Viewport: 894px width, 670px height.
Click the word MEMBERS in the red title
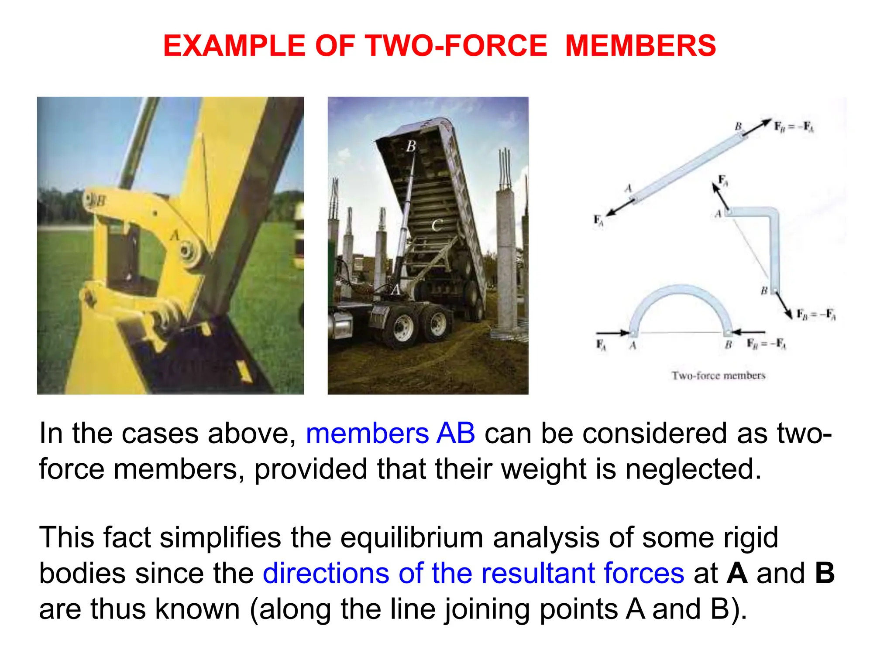[x=640, y=46]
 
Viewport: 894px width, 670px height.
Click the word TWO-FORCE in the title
[x=457, y=46]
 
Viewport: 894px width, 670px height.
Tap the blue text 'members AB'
[x=390, y=434]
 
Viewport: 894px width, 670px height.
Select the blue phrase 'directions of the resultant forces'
[x=473, y=573]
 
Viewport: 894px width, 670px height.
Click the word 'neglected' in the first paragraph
[x=693, y=469]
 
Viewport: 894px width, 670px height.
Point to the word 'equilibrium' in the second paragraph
[x=411, y=537]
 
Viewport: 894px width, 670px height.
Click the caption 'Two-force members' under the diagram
[x=718, y=376]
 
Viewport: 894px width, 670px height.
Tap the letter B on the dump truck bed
[x=411, y=146]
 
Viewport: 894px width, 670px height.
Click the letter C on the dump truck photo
[x=436, y=226]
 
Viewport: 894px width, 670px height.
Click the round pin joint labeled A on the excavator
[x=187, y=252]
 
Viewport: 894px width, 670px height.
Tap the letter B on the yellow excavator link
[x=100, y=201]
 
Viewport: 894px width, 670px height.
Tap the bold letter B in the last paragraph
[x=825, y=573]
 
